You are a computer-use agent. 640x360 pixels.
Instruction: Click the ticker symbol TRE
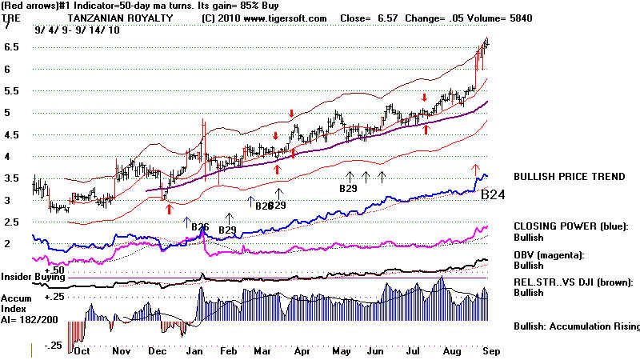(x=11, y=18)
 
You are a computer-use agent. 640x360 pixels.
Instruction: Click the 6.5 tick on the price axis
(x=10, y=47)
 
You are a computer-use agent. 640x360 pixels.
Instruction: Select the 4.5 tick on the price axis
(x=10, y=134)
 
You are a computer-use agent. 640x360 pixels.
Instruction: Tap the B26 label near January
(x=200, y=227)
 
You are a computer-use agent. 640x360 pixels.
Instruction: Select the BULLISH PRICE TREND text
(x=570, y=177)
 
